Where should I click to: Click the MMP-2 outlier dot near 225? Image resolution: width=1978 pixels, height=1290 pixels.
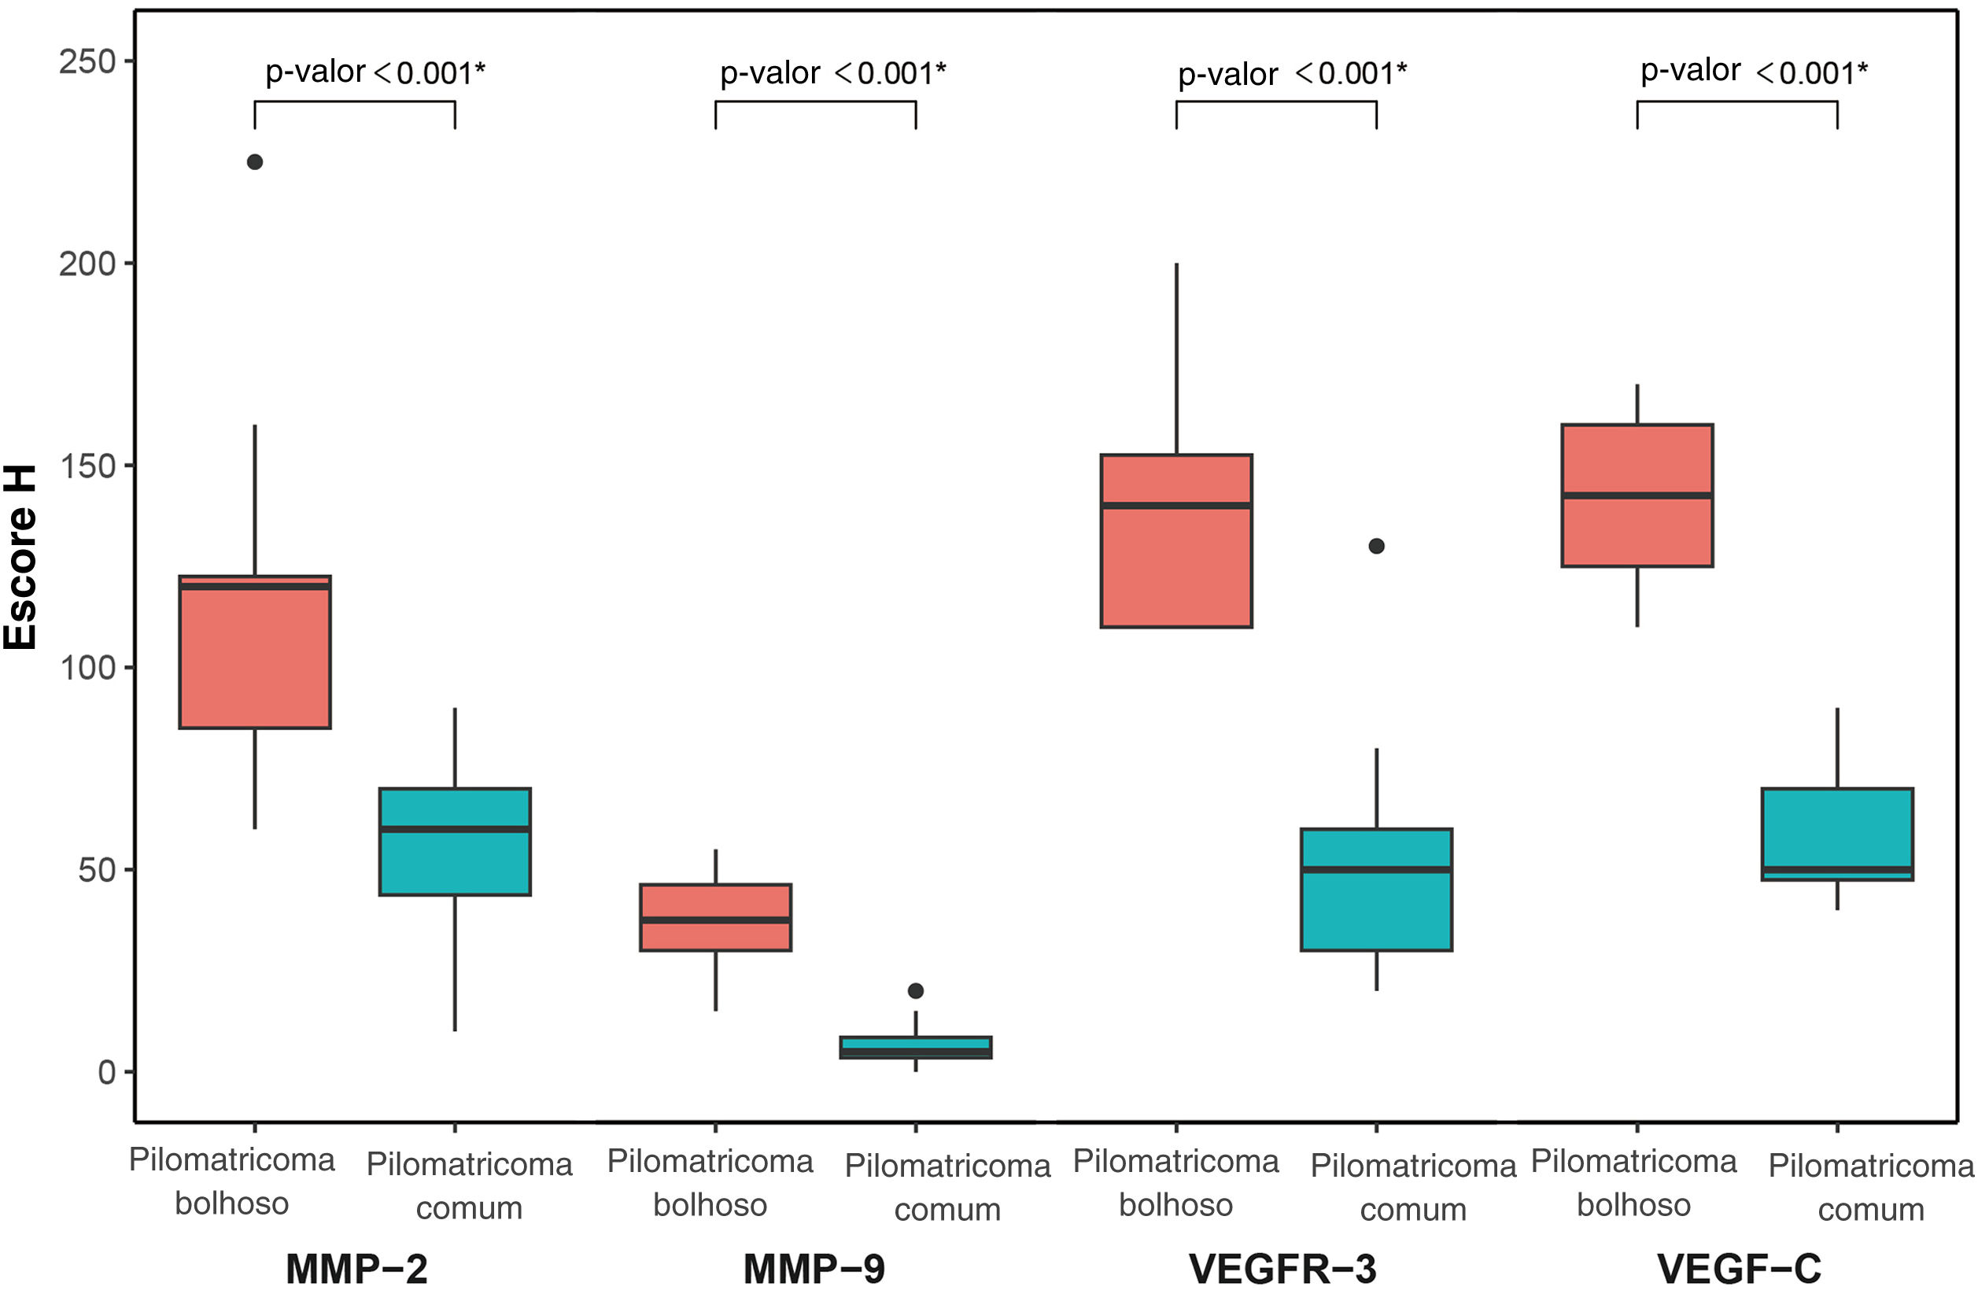coord(255,162)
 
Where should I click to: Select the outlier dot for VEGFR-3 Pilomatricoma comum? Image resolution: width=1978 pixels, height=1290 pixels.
coord(1376,546)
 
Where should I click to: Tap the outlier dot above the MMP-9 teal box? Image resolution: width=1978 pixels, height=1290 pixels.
coord(915,990)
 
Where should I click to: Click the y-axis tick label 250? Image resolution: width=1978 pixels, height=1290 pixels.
coord(87,61)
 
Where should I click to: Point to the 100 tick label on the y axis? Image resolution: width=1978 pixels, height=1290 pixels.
coord(87,667)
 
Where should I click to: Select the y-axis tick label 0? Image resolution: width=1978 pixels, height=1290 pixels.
coord(106,1072)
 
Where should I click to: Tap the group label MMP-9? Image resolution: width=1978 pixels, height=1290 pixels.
coord(814,1269)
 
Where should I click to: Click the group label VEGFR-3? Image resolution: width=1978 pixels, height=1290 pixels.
coord(1282,1269)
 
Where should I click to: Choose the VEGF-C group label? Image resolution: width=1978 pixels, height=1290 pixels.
coord(1739,1269)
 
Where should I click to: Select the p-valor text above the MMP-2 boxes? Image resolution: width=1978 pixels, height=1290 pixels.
coord(375,73)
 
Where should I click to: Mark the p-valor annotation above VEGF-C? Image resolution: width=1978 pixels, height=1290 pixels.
coord(1754,73)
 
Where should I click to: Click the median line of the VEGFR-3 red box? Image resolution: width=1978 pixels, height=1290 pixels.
coord(1176,505)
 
